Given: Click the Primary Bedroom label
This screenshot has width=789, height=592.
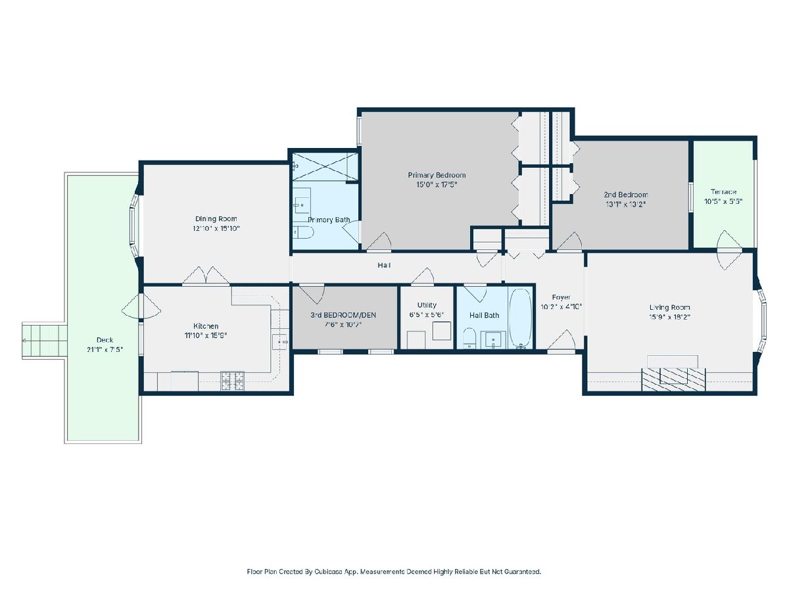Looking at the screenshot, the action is pyautogui.click(x=437, y=175).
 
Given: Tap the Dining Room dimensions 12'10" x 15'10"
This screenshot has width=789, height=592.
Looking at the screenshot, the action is pyautogui.click(x=216, y=228).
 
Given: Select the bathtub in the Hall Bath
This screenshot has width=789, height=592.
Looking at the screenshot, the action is pyautogui.click(x=520, y=318).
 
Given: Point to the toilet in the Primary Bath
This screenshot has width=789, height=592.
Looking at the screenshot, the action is pyautogui.click(x=302, y=232).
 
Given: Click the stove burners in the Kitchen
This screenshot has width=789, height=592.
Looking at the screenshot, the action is pyautogui.click(x=232, y=382).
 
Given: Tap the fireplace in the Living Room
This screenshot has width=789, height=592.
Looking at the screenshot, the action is pyautogui.click(x=673, y=379).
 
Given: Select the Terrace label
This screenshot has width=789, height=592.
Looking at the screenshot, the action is pyautogui.click(x=723, y=192).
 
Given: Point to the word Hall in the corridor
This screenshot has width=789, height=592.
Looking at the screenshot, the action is pyautogui.click(x=384, y=265).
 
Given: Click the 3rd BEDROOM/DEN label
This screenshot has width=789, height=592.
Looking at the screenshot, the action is pyautogui.click(x=343, y=315).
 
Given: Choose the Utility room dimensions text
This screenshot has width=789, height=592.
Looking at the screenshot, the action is pyautogui.click(x=427, y=314).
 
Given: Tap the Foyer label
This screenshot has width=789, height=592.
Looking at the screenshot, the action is pyautogui.click(x=561, y=297).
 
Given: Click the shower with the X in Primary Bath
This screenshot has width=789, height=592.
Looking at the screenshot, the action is pyautogui.click(x=325, y=167).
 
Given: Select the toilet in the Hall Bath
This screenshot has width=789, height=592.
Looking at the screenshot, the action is pyautogui.click(x=469, y=338).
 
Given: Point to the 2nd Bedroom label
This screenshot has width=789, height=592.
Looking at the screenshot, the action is pyautogui.click(x=626, y=195).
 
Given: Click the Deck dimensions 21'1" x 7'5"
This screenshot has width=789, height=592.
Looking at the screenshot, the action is pyautogui.click(x=105, y=349).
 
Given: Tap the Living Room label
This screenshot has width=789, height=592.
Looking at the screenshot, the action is pyautogui.click(x=669, y=307).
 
